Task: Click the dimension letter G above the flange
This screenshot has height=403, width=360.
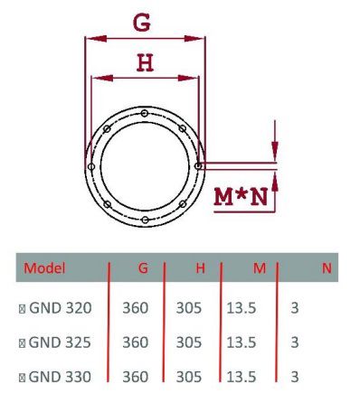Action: (x=142, y=23)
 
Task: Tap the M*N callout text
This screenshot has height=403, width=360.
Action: (x=241, y=196)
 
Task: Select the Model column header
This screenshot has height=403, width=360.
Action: (x=45, y=268)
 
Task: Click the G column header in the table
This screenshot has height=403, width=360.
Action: (x=143, y=268)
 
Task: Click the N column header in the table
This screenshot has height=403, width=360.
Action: (x=326, y=268)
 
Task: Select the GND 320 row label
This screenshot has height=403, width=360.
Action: (x=60, y=308)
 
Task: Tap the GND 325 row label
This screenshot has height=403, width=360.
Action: (x=60, y=342)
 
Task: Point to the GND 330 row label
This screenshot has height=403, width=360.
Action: (x=60, y=376)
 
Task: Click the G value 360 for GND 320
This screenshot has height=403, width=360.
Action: (x=135, y=308)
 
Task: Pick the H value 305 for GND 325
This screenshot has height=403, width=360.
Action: (x=188, y=342)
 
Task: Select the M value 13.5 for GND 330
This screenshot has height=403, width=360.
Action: (x=241, y=376)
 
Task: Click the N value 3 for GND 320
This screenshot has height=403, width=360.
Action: (x=295, y=308)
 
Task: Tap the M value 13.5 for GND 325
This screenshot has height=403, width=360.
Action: (x=241, y=342)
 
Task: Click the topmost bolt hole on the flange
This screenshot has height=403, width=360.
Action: (x=145, y=112)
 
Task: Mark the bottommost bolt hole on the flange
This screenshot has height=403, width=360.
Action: (x=145, y=220)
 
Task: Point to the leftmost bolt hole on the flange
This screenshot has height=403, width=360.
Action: (x=90, y=166)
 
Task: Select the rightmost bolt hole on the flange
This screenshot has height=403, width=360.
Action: (x=198, y=165)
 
